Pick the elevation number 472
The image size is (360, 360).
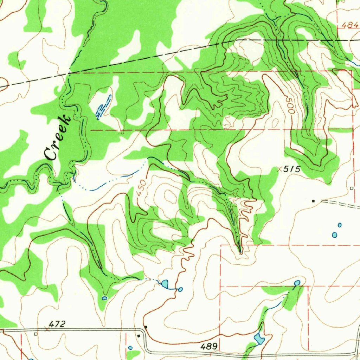57,324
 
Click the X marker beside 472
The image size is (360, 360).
47,329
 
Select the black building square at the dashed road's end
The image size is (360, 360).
314,201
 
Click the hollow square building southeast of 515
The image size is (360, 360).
352,188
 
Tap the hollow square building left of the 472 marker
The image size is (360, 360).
36,334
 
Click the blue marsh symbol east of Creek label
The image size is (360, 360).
103,107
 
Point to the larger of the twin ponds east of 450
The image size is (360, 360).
165,283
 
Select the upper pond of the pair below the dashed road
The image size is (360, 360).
340,225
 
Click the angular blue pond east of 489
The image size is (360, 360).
259,339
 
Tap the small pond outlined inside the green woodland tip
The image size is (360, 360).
104,298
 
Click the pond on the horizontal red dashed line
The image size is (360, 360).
297,283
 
